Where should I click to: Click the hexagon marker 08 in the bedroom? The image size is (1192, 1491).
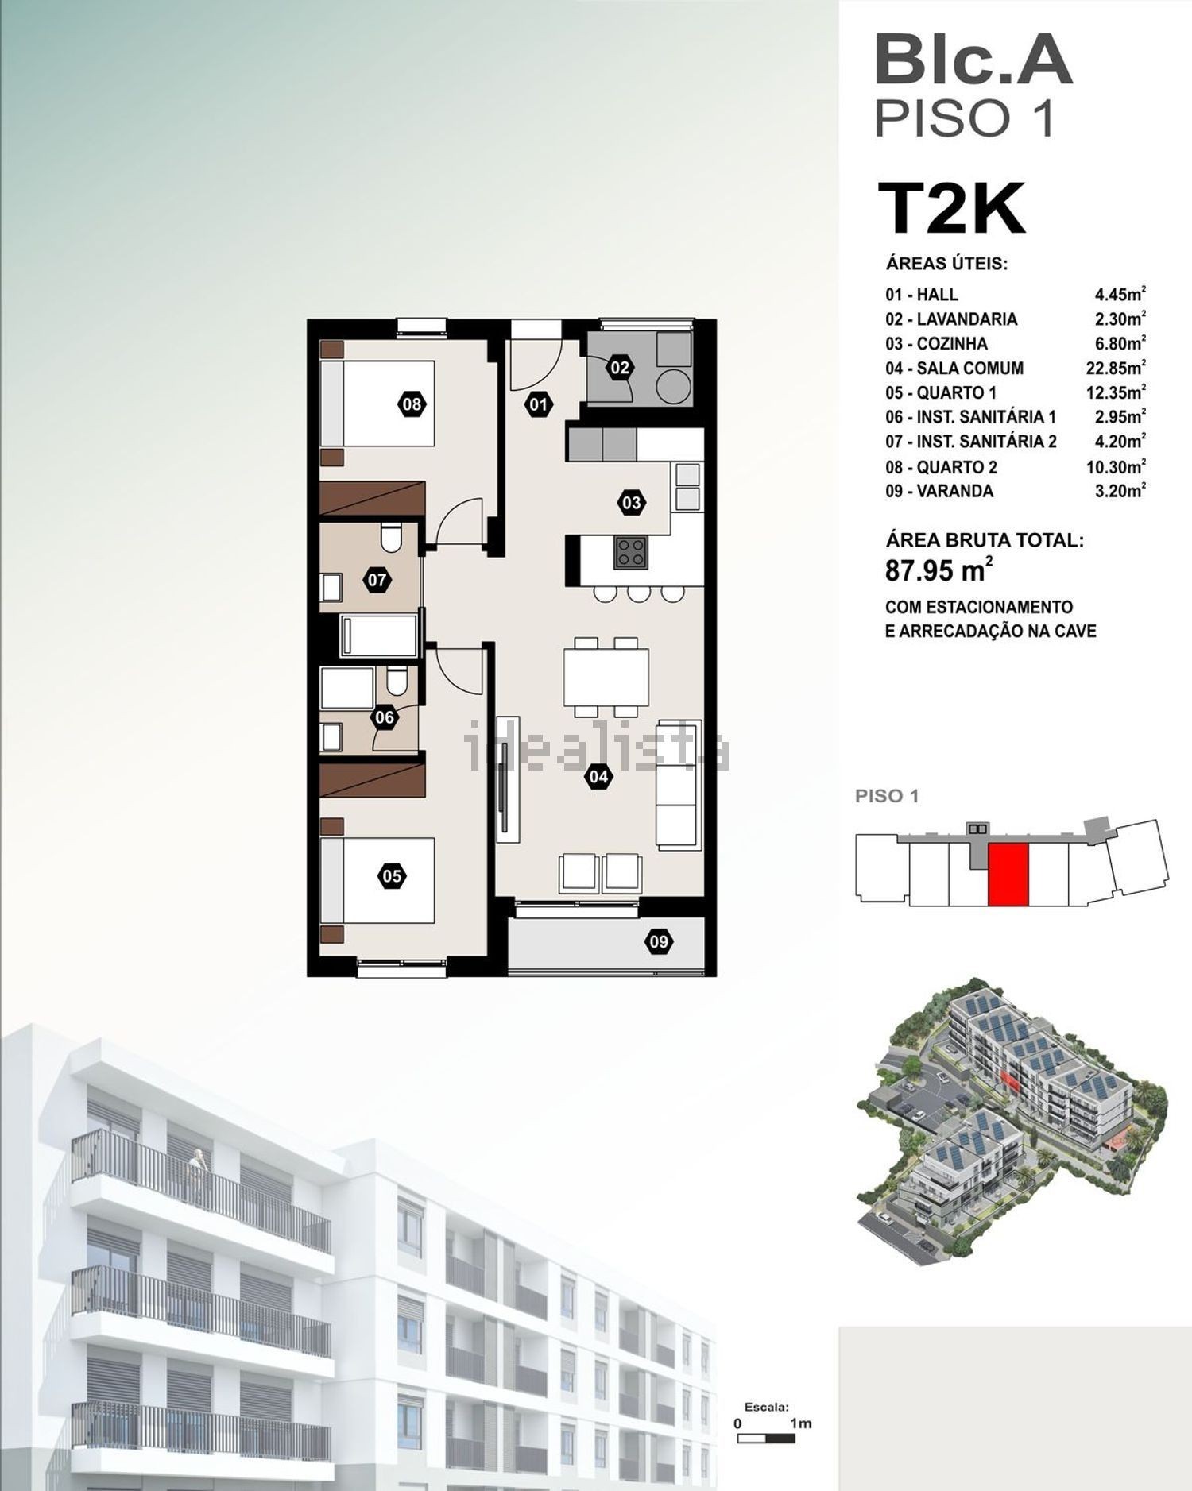pos(411,404)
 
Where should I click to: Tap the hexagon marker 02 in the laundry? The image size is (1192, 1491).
pos(620,367)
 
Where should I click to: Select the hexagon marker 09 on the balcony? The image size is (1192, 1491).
pos(659,942)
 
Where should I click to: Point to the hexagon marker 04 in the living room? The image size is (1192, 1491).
pos(598,777)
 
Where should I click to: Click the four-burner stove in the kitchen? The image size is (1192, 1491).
pos(631,552)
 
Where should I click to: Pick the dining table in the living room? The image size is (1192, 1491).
pos(606,677)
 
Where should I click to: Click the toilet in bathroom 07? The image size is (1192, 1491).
pos(390,538)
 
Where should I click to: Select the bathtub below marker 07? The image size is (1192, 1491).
pos(379,635)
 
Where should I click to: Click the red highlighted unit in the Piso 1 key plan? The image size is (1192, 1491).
pos(1008,875)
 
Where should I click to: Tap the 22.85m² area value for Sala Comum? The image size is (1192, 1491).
pos(1116,368)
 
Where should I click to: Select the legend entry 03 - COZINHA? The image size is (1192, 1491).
pos(936,344)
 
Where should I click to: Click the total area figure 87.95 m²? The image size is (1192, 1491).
pos(939,570)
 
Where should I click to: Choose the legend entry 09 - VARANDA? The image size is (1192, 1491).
pos(939,492)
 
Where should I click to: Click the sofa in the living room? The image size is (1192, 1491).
pos(679,785)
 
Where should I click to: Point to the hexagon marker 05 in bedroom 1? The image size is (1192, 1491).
pos(392,877)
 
